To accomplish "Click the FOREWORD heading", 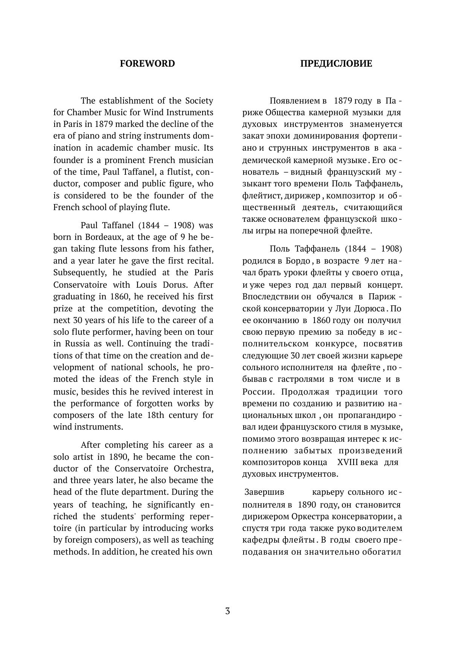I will pos(147,64).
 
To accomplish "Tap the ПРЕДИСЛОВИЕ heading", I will pos(336,64).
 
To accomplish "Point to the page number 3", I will pos(227,611).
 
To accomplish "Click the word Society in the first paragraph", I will pos(199,101).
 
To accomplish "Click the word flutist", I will pos(180,172).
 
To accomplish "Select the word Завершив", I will pos(264,492).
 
